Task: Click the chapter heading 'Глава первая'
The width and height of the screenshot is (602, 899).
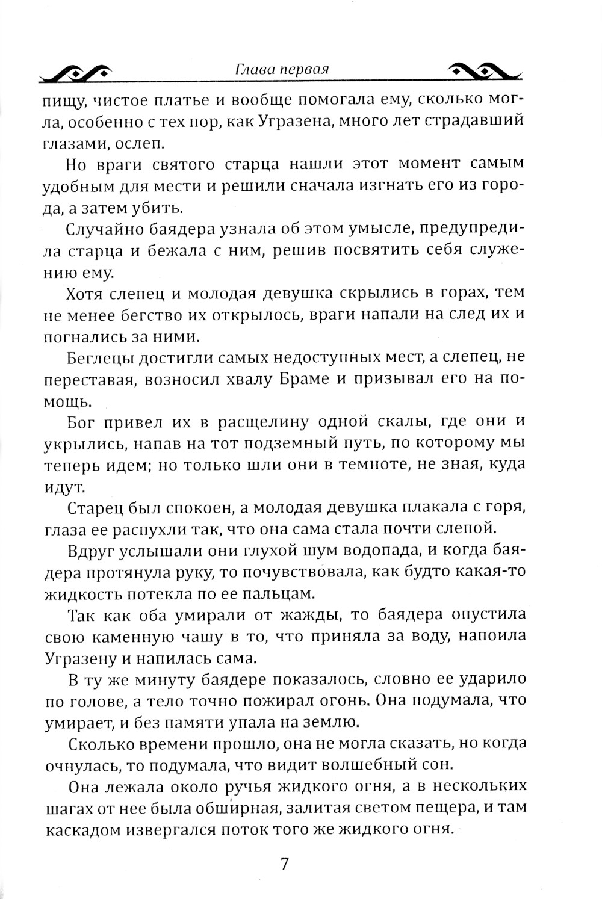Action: tap(282, 69)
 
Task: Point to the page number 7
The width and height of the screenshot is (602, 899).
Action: tap(285, 864)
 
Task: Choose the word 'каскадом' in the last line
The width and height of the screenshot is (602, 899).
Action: tap(81, 830)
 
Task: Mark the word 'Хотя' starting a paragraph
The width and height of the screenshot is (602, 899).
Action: tap(85, 293)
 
